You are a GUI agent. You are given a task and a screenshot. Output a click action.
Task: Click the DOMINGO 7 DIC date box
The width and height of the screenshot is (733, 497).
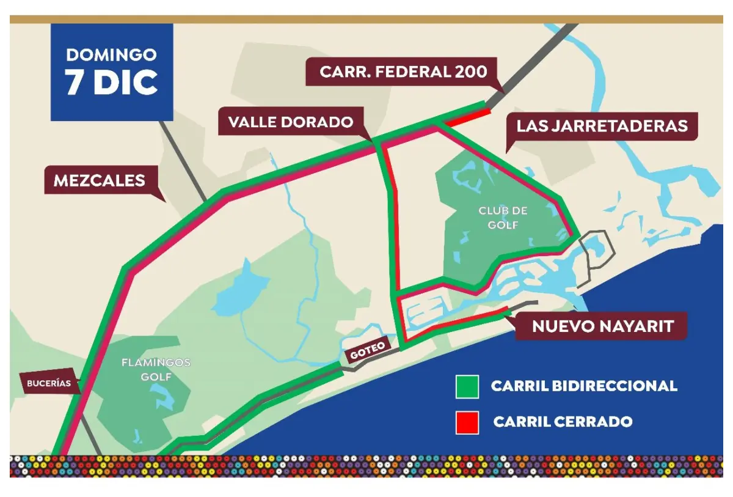(112, 72)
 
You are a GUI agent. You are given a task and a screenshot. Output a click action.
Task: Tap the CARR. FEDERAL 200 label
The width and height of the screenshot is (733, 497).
(404, 72)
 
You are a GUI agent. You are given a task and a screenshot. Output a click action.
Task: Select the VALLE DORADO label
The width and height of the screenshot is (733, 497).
(291, 122)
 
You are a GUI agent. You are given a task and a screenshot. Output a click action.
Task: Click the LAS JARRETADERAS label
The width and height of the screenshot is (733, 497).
(602, 126)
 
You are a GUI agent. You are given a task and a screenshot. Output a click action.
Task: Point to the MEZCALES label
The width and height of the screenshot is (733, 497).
(100, 181)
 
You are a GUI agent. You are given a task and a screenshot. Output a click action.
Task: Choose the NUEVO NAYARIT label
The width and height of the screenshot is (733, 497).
(602, 326)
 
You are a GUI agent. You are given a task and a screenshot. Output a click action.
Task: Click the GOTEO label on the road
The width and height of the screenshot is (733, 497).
(367, 348)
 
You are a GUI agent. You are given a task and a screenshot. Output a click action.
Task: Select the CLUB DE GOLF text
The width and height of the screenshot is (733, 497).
(502, 218)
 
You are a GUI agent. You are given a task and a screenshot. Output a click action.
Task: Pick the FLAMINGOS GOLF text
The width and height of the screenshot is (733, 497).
(156, 369)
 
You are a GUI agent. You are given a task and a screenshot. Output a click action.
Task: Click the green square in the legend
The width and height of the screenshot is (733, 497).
(467, 386)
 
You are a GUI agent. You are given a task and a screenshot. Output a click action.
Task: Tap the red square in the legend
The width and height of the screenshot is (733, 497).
(467, 422)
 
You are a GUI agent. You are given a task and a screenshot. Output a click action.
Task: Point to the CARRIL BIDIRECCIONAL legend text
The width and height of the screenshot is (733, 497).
(583, 386)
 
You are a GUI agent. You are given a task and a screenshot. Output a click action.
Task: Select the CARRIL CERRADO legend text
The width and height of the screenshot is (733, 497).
(562, 422)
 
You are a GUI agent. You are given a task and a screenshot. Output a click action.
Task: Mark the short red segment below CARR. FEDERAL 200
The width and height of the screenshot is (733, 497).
(467, 117)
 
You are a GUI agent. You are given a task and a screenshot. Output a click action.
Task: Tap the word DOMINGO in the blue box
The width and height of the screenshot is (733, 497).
(111, 54)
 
